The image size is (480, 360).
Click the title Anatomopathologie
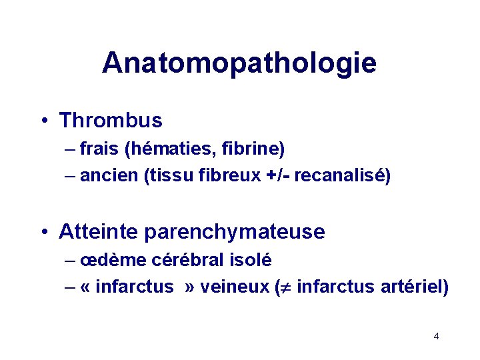coord(239,63)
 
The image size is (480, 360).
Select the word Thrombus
coord(111,121)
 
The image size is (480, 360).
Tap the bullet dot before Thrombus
coord(44,121)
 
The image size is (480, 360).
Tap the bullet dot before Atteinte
coord(44,233)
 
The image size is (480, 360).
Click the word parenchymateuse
coord(235,232)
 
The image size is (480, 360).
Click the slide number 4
coord(436,336)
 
